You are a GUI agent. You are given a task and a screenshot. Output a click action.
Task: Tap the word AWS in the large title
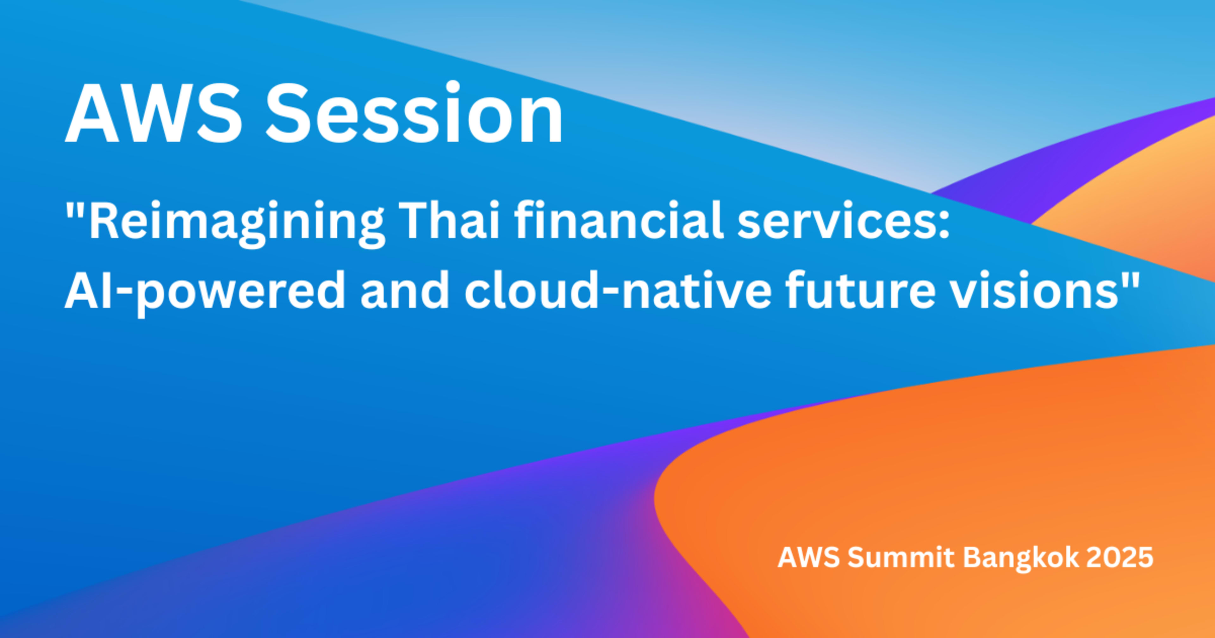153,113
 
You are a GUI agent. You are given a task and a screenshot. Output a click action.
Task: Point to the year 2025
1120,558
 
